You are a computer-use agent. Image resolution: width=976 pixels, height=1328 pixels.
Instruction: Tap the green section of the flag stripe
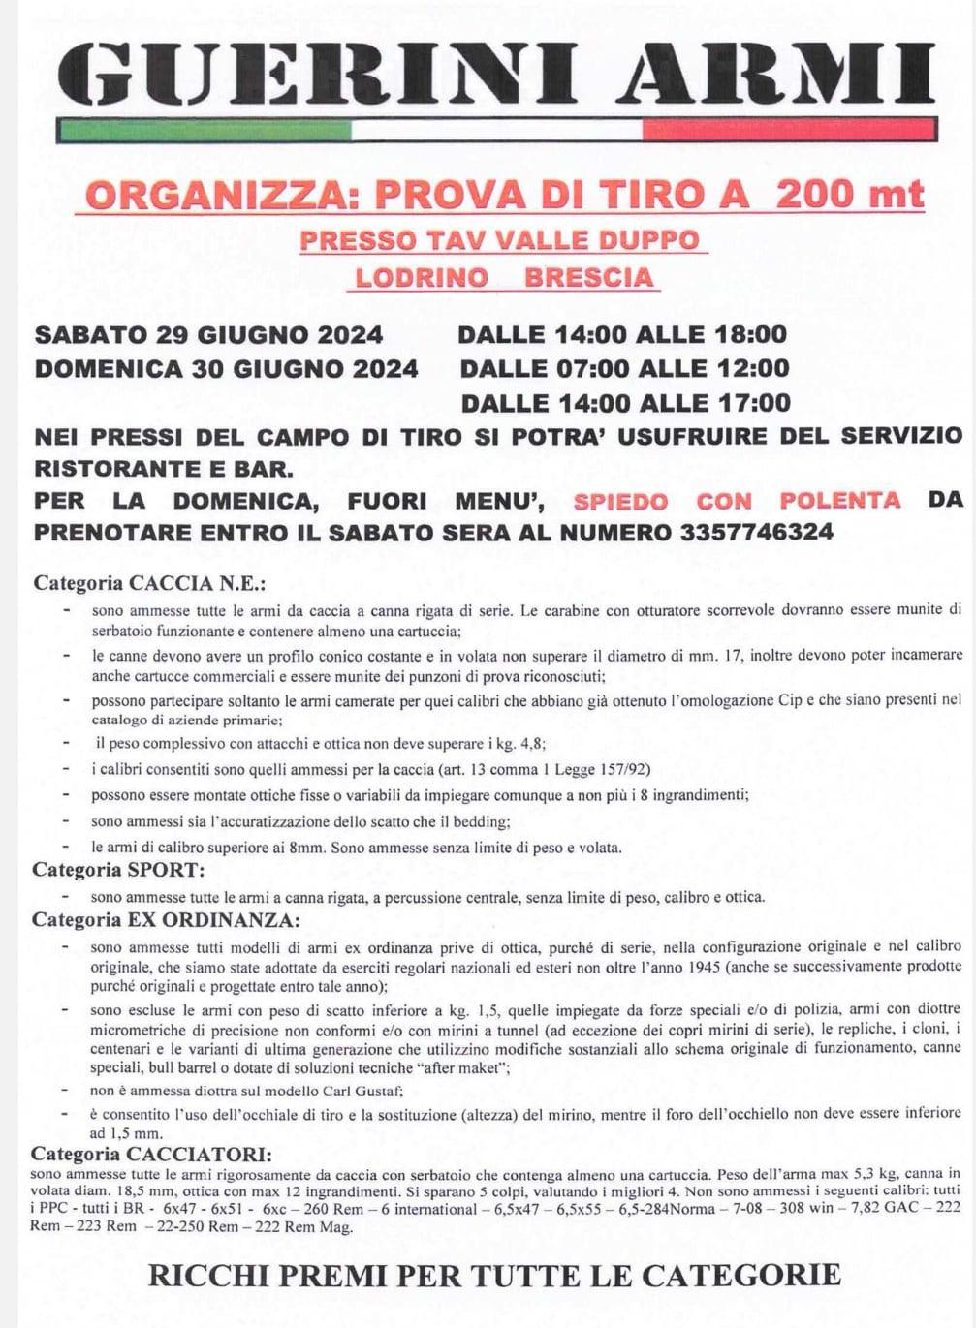point(204,130)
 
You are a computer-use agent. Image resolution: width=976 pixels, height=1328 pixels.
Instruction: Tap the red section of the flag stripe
point(790,130)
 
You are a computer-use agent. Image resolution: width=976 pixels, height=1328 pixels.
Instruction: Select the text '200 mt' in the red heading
point(850,195)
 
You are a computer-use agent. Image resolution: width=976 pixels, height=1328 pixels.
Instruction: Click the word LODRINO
point(422,278)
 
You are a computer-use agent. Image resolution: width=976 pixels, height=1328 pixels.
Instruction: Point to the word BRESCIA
point(589,278)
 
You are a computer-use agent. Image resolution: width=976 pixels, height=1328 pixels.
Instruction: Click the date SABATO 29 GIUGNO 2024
point(209,335)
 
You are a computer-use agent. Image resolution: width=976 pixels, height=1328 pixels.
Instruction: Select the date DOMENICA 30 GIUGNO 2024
point(227,369)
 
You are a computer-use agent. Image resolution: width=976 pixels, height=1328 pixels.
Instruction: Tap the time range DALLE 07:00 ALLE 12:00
point(624,369)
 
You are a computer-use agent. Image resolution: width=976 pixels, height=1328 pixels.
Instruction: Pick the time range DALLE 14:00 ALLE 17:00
point(625,403)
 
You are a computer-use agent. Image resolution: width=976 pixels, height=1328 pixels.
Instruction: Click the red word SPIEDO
point(621,501)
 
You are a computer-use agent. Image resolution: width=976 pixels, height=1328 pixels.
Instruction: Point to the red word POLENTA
point(839,501)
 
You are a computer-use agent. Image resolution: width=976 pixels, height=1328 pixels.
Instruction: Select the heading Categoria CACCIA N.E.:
point(150,584)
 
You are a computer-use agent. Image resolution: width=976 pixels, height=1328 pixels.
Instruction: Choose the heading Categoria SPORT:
point(118,870)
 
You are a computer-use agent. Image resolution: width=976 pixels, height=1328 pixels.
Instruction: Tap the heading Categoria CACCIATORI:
point(151,1154)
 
